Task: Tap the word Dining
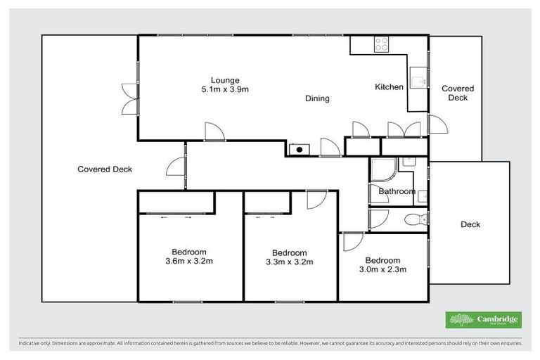point(317,98)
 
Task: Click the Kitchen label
point(389,87)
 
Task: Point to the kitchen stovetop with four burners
point(382,44)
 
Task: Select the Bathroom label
point(397,191)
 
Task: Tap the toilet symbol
point(418,219)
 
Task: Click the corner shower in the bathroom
point(382,171)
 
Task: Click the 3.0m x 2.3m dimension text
point(382,269)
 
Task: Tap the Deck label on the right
point(470,224)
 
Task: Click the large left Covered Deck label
point(105,169)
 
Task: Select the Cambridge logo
point(484,320)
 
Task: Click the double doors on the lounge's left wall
point(129,99)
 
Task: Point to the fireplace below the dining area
point(300,149)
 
